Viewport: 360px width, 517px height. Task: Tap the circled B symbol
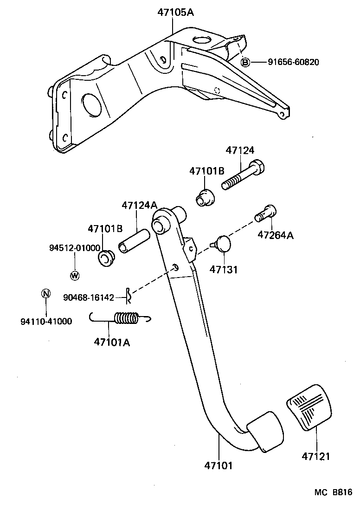tap(245, 62)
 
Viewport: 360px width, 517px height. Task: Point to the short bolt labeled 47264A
tap(266, 214)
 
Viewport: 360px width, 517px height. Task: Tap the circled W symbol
tap(75, 276)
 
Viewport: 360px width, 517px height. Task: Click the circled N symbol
tap(45, 293)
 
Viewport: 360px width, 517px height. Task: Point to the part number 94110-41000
tap(46, 321)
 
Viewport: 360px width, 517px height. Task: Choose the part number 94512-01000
tap(69, 248)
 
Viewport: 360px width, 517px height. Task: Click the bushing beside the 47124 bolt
tap(205, 198)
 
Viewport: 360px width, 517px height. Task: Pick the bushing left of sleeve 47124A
tap(107, 258)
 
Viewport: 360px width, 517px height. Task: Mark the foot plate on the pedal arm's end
tap(265, 430)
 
